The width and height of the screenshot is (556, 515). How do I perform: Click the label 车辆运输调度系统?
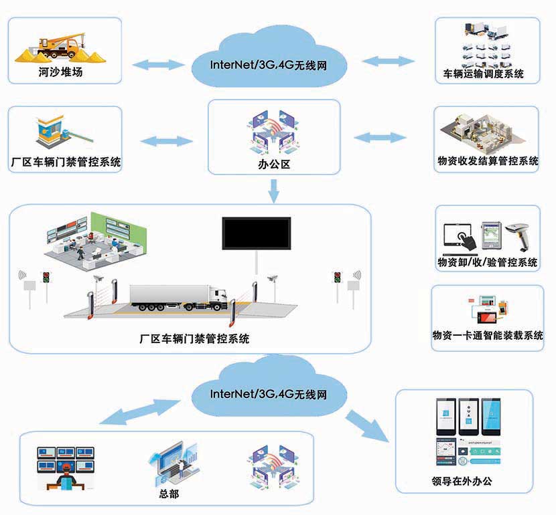click(x=483, y=74)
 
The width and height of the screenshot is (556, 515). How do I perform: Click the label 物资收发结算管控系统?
click(x=487, y=161)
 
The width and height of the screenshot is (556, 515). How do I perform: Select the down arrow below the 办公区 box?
click(x=273, y=193)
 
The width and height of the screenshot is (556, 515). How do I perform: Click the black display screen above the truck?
click(x=257, y=233)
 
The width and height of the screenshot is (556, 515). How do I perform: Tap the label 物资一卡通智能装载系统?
click(x=488, y=335)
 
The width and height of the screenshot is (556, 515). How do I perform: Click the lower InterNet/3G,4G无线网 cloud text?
click(x=269, y=394)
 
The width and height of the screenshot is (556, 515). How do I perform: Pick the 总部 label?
click(x=169, y=494)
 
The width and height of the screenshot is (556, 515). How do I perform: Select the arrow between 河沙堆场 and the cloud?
click(x=159, y=65)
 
